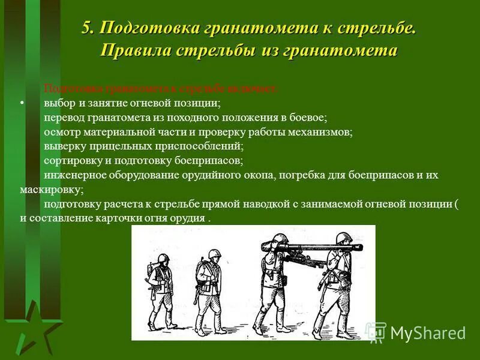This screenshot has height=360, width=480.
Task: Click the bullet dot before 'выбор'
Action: [22, 103]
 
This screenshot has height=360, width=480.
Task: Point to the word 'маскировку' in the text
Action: [50, 190]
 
